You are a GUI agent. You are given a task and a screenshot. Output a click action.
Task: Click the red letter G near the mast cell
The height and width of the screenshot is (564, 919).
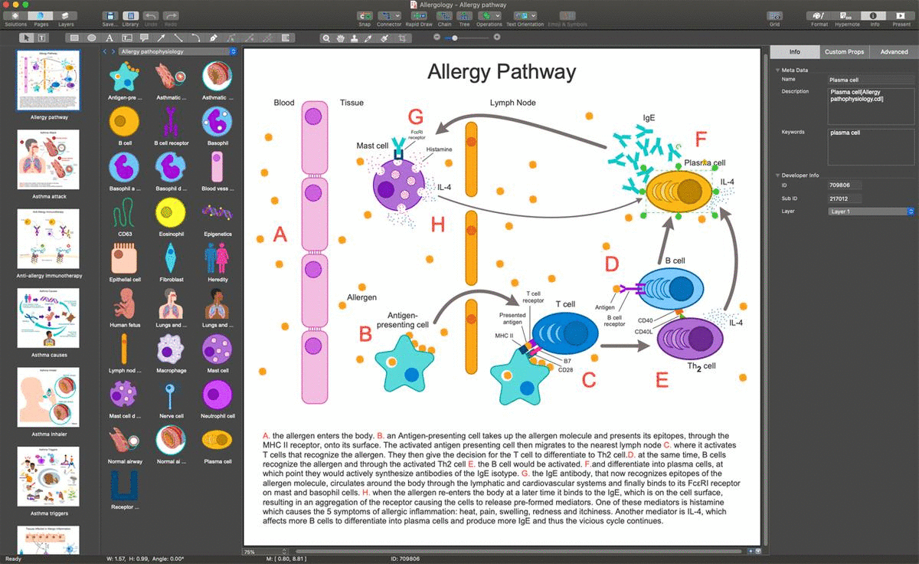click(416, 117)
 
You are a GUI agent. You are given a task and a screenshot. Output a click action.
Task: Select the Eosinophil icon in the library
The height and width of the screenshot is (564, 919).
click(171, 212)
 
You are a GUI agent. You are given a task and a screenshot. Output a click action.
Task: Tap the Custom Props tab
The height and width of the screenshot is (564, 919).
click(845, 52)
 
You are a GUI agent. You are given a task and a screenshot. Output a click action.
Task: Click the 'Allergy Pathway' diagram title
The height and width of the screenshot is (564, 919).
click(501, 72)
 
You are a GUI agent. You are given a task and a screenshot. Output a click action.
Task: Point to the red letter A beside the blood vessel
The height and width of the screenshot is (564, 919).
click(280, 234)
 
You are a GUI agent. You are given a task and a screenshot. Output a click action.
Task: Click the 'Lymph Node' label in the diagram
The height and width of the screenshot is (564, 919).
click(512, 103)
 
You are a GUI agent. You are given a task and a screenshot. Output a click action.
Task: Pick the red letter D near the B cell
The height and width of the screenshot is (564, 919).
click(611, 264)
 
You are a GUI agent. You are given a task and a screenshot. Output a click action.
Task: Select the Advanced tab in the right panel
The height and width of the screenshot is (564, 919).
click(894, 52)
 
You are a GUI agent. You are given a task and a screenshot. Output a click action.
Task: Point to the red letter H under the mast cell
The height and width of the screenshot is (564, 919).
click(437, 225)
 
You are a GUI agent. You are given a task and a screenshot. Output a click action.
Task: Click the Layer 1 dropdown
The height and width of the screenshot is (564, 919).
click(872, 211)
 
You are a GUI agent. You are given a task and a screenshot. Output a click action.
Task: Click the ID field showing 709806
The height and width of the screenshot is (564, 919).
click(845, 185)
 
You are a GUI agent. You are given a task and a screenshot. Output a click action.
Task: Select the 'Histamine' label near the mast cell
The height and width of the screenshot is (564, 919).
click(440, 149)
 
